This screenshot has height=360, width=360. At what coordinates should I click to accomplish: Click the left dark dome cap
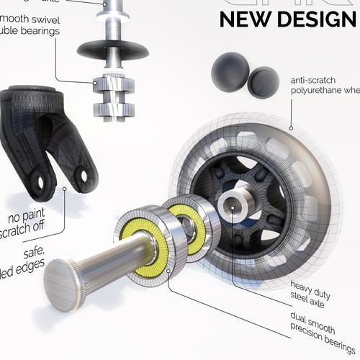pyautogui.click(x=230, y=74)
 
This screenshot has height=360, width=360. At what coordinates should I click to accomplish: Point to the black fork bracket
pyautogui.click(x=43, y=137)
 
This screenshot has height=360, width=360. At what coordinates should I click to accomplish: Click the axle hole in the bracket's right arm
pyautogui.click(x=88, y=175)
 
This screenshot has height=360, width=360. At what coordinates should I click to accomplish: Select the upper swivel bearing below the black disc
pyautogui.click(x=113, y=87)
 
